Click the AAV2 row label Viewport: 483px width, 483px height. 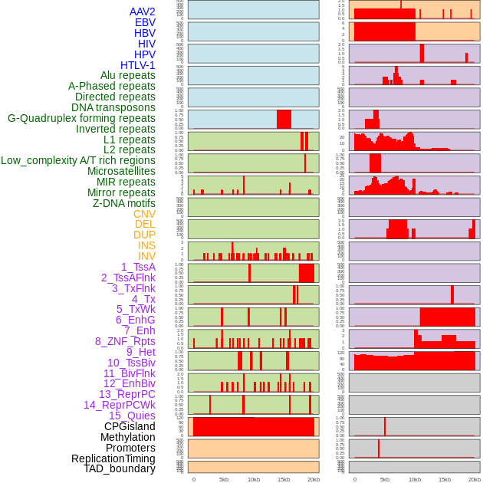[143, 11]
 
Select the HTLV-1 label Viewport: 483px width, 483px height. [138, 65]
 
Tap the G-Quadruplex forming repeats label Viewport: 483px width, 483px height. [81, 118]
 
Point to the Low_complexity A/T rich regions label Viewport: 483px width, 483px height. [78, 160]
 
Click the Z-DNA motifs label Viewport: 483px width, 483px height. [124, 203]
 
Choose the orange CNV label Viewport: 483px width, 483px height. [144, 214]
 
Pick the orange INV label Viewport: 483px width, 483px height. [146, 256]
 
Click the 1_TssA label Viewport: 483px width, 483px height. [138, 267]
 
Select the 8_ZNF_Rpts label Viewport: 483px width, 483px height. [125, 341]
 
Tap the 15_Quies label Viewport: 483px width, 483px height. [132, 416]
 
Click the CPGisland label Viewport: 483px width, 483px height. [130, 426]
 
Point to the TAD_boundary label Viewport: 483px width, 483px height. [120, 468]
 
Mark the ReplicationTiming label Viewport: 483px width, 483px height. [113, 458]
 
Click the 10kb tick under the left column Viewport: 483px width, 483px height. [253, 479]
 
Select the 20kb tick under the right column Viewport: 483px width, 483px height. [475, 479]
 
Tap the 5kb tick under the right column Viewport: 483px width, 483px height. [385, 479]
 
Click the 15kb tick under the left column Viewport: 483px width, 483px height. [284, 479]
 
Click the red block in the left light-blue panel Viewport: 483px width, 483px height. [284, 120]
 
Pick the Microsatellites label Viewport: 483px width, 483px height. [121, 171]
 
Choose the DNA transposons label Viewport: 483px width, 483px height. [113, 107]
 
